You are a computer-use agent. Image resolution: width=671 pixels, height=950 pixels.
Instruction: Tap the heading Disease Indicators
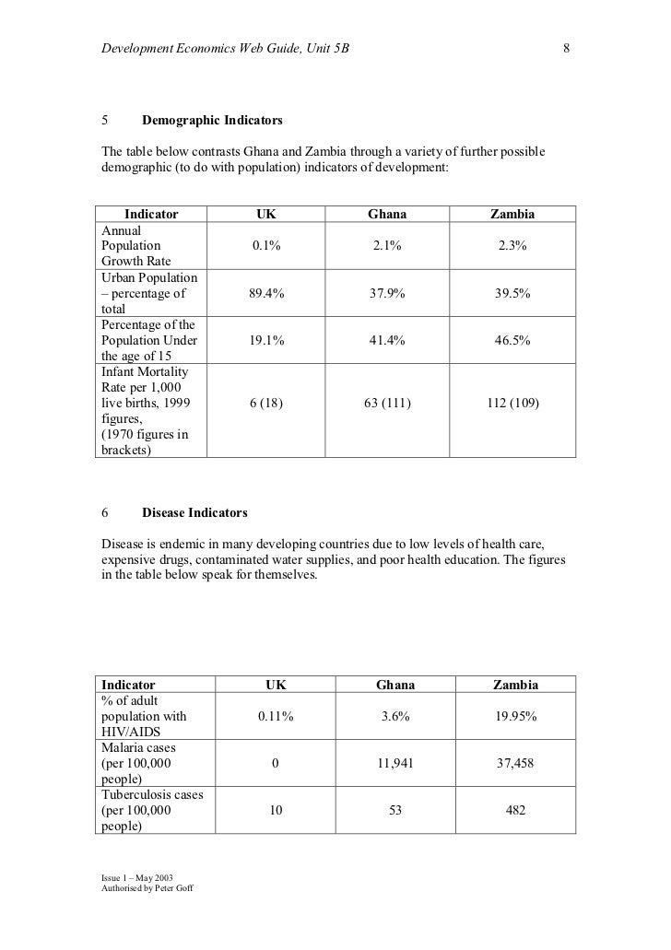click(x=194, y=511)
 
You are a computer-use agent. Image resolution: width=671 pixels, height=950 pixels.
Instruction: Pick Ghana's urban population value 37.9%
click(x=387, y=294)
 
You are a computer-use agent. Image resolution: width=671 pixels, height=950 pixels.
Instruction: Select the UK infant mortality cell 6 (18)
click(x=266, y=404)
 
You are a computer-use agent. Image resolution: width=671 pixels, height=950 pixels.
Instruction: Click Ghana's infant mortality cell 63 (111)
click(x=387, y=404)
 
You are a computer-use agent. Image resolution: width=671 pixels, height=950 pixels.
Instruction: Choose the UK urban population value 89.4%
click(x=266, y=294)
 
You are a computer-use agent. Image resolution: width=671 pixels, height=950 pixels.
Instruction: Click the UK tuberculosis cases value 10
click(x=276, y=812)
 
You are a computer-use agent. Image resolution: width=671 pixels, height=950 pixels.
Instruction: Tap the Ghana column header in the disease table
click(x=395, y=686)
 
